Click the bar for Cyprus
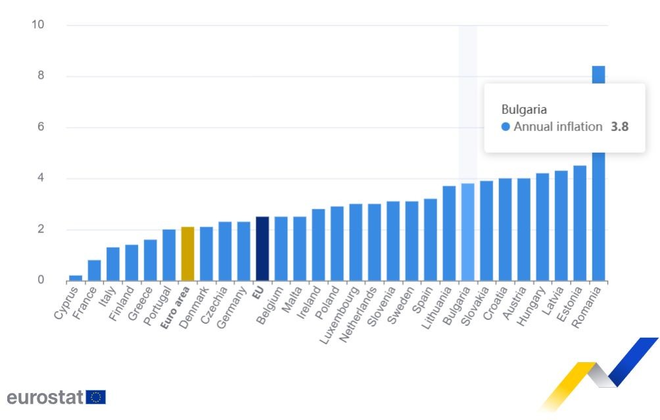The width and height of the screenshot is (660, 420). (76, 278)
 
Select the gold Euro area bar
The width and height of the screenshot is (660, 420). (187, 254)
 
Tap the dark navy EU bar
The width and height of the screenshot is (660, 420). (262, 249)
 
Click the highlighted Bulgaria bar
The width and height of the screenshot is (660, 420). (467, 232)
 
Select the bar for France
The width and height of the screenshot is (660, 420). (94, 271)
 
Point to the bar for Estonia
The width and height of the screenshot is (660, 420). (580, 223)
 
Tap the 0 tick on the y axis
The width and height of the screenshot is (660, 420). (40, 280)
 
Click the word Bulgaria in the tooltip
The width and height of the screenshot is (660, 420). (524, 109)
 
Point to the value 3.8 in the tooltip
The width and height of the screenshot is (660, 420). (619, 126)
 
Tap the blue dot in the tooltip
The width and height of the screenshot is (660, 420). (505, 127)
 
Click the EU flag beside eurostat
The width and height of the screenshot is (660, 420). (96, 397)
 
